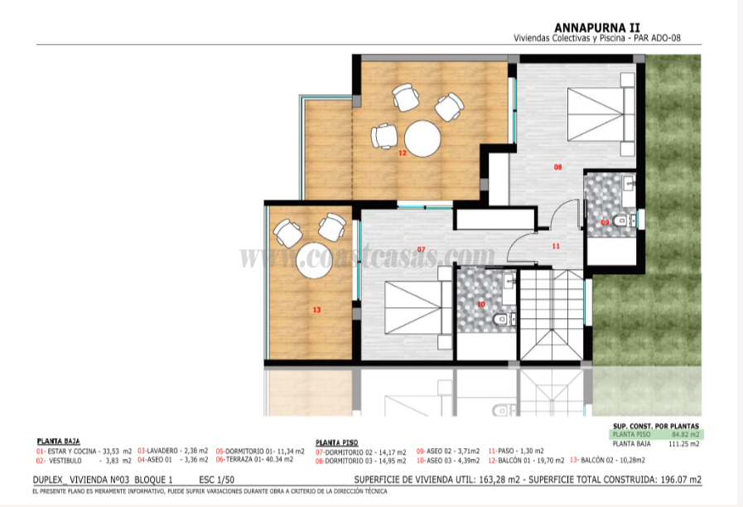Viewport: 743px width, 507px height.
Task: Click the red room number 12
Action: coord(402,153)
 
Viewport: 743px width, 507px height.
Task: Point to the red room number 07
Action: coord(421,249)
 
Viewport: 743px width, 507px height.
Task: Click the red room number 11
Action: coord(556,246)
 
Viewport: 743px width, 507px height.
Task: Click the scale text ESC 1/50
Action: coord(217,480)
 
